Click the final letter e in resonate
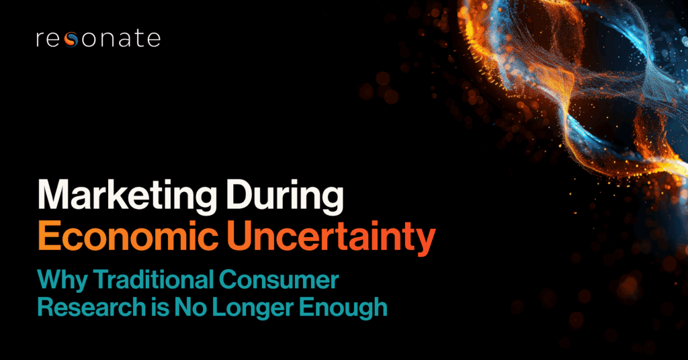point(154,40)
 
